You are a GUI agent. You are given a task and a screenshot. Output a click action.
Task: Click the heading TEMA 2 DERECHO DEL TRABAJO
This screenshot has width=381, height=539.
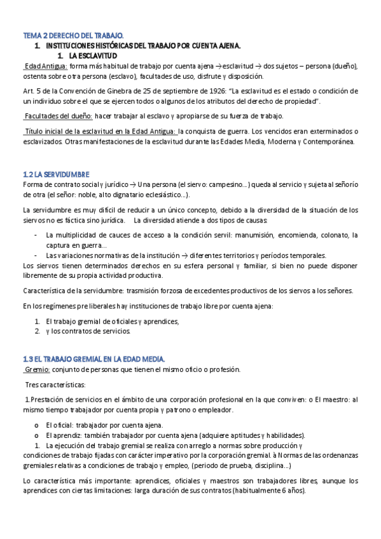pos(74,36)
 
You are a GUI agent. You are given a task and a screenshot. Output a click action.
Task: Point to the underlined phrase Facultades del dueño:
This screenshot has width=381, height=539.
pos(58,116)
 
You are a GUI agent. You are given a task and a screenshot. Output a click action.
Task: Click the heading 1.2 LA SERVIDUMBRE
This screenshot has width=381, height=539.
pos(56,174)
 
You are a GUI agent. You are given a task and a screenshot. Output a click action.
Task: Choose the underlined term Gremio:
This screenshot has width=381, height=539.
pos(37,369)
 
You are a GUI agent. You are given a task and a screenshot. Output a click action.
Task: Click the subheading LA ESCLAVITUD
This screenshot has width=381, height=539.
pos(94,56)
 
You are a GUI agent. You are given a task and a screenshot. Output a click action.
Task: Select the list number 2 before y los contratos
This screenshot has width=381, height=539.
pos(37,331)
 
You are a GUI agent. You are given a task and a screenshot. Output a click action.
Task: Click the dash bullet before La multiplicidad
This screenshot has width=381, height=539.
pos(36,234)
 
